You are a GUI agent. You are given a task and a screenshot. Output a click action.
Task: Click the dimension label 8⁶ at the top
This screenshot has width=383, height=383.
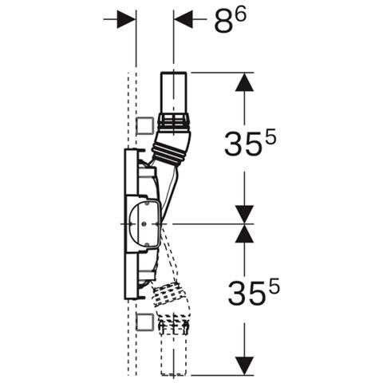[x=231, y=21]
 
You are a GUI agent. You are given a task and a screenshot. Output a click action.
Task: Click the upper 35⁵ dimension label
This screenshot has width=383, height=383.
[x=251, y=144]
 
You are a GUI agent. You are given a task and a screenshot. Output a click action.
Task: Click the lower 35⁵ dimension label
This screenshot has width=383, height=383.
[x=254, y=291]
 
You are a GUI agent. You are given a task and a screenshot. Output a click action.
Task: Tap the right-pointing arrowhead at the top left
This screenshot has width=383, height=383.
[x=126, y=19]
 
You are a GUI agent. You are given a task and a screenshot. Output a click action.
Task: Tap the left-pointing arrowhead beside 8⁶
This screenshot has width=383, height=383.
[x=184, y=19]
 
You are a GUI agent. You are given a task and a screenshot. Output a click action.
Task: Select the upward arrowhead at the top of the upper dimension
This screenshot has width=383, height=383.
[x=244, y=82]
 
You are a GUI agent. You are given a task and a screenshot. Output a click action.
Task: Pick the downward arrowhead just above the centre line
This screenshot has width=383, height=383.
[x=244, y=215]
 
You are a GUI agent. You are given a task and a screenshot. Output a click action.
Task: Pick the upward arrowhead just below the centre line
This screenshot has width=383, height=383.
[x=244, y=233]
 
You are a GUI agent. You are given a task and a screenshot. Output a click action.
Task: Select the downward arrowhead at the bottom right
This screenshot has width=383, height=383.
[x=244, y=365]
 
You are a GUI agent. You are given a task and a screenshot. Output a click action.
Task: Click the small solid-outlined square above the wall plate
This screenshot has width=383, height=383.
[x=145, y=126]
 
